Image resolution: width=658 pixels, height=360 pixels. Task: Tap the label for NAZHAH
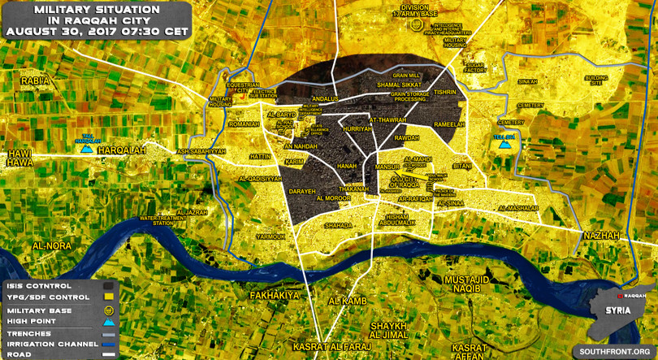601,235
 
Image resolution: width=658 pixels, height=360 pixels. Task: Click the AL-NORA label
52,245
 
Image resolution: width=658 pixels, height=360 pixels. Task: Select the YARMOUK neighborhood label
271,236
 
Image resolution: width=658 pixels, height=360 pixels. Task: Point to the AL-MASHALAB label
520,209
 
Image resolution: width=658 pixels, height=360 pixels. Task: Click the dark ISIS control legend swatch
108,286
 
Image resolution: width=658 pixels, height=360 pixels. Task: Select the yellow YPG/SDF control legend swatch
108,297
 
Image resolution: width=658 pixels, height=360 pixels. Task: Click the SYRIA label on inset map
613,310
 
